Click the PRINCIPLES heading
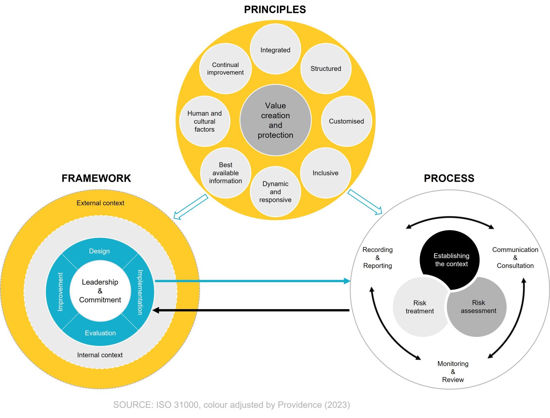(x=275, y=9)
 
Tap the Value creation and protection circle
(x=275, y=120)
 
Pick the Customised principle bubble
(x=346, y=121)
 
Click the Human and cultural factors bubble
(x=204, y=121)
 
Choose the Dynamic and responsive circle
(x=275, y=192)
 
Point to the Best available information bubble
(x=226, y=173)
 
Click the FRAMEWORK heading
(x=96, y=178)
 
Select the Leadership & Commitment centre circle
(x=100, y=291)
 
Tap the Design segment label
(x=99, y=251)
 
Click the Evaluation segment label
(x=100, y=333)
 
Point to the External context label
(x=100, y=203)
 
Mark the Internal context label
(x=100, y=355)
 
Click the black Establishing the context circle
(x=451, y=260)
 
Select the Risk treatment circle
(x=420, y=307)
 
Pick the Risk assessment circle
(x=478, y=307)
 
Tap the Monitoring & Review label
(x=453, y=371)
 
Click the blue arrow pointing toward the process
(x=253, y=281)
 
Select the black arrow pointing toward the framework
(x=253, y=310)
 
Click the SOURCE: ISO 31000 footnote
(x=232, y=405)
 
